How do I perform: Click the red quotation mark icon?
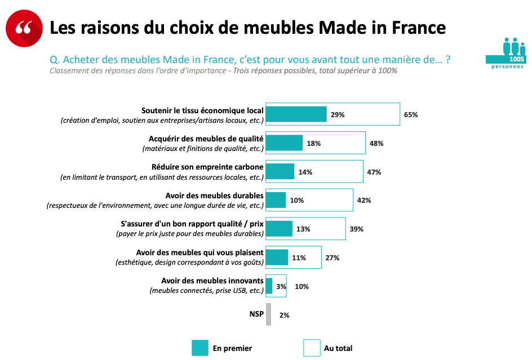pos(24,28)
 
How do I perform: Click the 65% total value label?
pos(411,114)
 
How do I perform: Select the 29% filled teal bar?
pos(296,114)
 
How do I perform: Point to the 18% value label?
pos(314,143)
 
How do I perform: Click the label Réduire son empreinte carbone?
pos(207,167)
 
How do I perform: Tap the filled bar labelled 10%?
pos(276,201)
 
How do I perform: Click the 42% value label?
pos(364,201)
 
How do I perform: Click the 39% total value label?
pos(356,229)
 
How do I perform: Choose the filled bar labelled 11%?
pos(277,257)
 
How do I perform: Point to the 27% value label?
pos(332,258)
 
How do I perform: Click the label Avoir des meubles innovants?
pos(212,281)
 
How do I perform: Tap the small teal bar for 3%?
pos(269,286)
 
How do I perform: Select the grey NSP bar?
pos(268,314)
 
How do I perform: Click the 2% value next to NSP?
pos(284,315)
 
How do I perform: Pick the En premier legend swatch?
pos(200,348)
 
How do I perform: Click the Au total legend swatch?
pos(312,348)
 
